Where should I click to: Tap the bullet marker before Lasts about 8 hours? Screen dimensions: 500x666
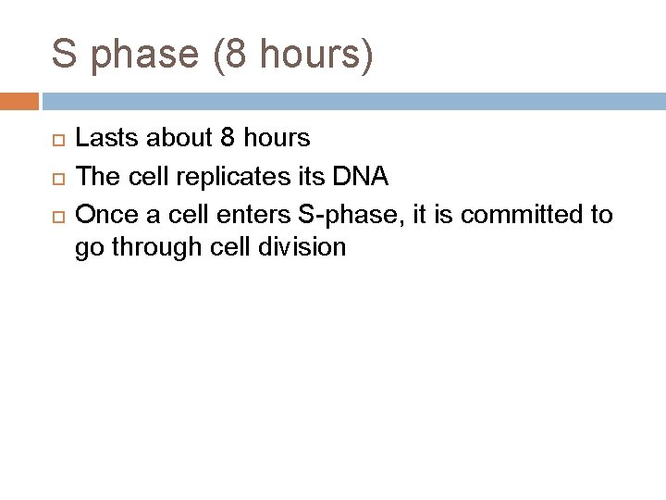click(54, 139)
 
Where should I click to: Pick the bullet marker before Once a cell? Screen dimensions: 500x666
click(54, 216)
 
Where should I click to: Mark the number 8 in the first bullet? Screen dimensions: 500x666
click(228, 139)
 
